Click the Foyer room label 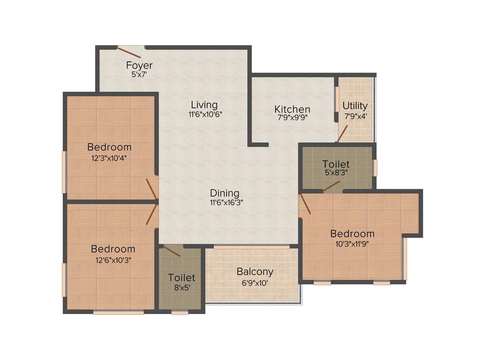point(139,65)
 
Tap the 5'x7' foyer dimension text point(139,74)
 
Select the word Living point(204,105)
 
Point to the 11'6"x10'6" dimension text point(205,114)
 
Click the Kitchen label point(292,109)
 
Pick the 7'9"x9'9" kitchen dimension point(292,118)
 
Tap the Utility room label point(355,105)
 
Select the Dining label point(225,193)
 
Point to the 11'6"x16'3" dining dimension point(226,202)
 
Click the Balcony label point(255,272)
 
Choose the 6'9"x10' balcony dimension point(255,283)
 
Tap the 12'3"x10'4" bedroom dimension point(109,158)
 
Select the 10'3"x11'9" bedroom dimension point(352,244)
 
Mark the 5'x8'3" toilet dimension point(336,172)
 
